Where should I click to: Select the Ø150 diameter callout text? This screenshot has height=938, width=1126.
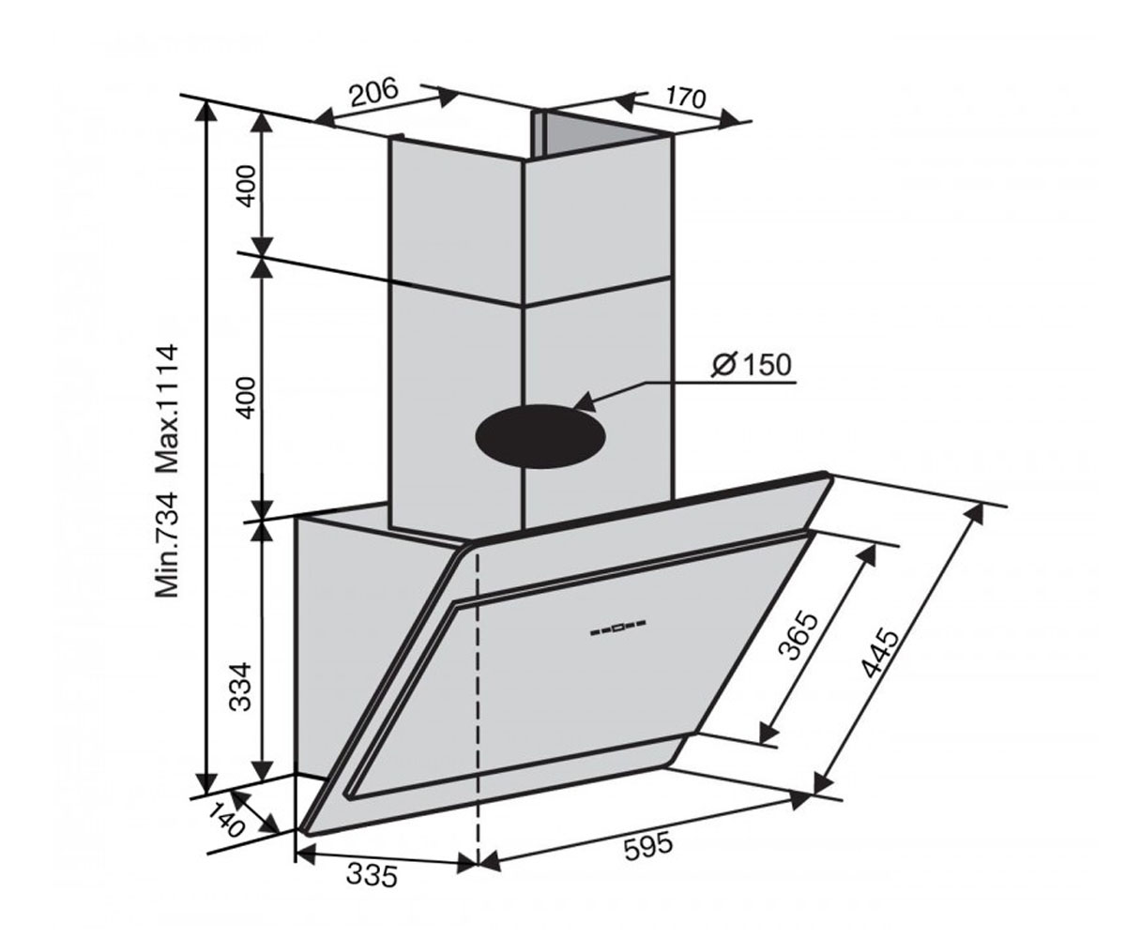pyautogui.click(x=752, y=365)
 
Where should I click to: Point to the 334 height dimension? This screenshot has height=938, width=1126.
pyautogui.click(x=240, y=687)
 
